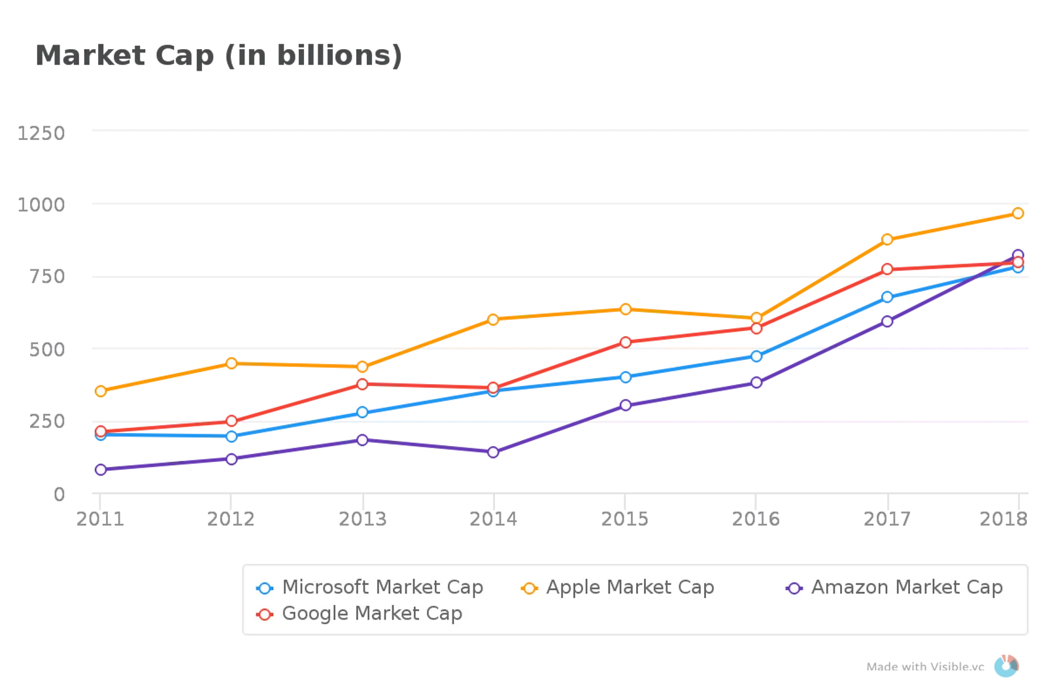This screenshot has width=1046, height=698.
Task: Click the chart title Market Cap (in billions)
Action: tap(218, 56)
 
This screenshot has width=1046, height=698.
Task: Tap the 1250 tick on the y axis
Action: tap(42, 133)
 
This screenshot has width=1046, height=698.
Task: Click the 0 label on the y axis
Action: tap(59, 494)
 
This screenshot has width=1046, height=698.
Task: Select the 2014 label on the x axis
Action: tap(492, 519)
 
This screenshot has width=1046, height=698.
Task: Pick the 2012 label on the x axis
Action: tap(230, 519)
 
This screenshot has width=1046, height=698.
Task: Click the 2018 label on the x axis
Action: tap(1003, 519)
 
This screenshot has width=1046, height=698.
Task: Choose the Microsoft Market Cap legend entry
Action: tap(370, 587)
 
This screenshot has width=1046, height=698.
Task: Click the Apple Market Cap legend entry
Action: tap(617, 587)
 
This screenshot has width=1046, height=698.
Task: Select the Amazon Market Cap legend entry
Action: tap(894, 587)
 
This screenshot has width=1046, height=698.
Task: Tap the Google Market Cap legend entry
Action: tap(360, 614)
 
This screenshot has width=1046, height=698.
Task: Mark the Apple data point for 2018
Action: tap(1018, 213)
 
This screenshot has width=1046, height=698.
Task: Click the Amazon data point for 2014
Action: tap(494, 452)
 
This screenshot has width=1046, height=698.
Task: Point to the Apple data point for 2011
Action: tap(101, 391)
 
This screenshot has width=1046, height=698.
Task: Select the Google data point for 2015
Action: tap(626, 342)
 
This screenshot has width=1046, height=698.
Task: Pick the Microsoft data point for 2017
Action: tap(887, 297)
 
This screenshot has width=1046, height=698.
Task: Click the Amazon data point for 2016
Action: tap(756, 382)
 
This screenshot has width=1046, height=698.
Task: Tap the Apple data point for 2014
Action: tap(494, 319)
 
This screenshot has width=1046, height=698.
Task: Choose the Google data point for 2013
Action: tap(362, 384)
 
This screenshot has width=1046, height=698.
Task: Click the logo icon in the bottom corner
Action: tap(1007, 667)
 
